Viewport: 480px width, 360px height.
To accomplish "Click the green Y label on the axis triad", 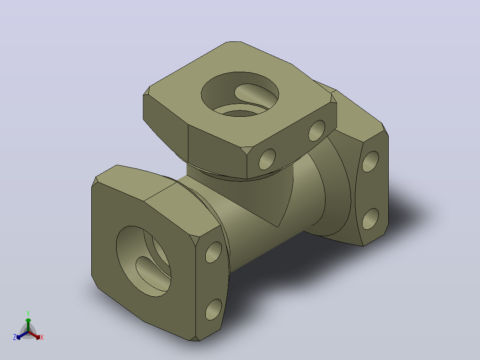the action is (x=28, y=313).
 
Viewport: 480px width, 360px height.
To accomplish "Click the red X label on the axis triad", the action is (x=42, y=337).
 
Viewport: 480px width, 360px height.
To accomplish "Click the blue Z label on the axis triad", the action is (x=15, y=337).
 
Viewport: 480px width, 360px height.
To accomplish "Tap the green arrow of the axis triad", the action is (x=28, y=324).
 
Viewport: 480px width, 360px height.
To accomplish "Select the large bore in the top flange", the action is (x=240, y=94).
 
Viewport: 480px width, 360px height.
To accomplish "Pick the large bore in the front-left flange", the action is (x=143, y=262).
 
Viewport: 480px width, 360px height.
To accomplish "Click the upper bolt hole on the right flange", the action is (x=370, y=161).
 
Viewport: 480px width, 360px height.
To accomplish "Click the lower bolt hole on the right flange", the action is (x=370, y=219).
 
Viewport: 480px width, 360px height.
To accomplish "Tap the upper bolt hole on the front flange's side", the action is (x=214, y=252).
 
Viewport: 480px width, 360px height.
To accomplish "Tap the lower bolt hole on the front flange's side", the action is (x=214, y=310).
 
